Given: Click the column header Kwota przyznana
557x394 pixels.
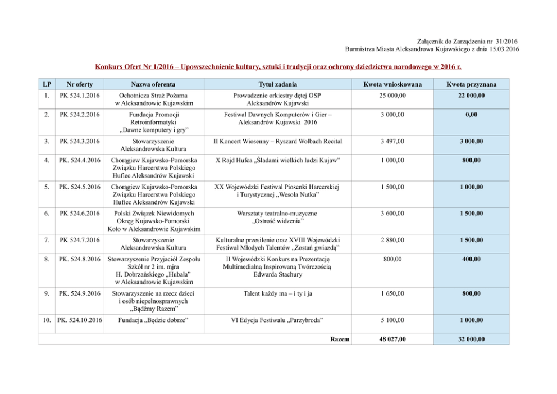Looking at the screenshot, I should pyautogui.click(x=471, y=84).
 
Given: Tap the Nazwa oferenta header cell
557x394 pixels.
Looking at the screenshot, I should pyautogui.click(x=153, y=84).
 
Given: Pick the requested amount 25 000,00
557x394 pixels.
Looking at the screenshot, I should pyautogui.click(x=391, y=96).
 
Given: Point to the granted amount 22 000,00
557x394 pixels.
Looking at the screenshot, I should pyautogui.click(x=471, y=96).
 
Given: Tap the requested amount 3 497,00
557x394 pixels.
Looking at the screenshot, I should pyautogui.click(x=391, y=141).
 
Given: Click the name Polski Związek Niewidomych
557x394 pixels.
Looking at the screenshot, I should pyautogui.click(x=153, y=214).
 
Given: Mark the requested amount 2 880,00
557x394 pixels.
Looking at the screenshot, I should pyautogui.click(x=391, y=241).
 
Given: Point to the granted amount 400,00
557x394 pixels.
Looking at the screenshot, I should pyautogui.click(x=471, y=259).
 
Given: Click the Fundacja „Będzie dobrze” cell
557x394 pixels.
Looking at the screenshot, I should pyautogui.click(x=153, y=320).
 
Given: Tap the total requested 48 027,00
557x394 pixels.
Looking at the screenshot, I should pyautogui.click(x=391, y=339).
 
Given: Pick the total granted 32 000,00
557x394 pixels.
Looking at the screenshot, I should pyautogui.click(x=471, y=339).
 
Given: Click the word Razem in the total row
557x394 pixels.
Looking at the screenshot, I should pyautogui.click(x=340, y=339).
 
